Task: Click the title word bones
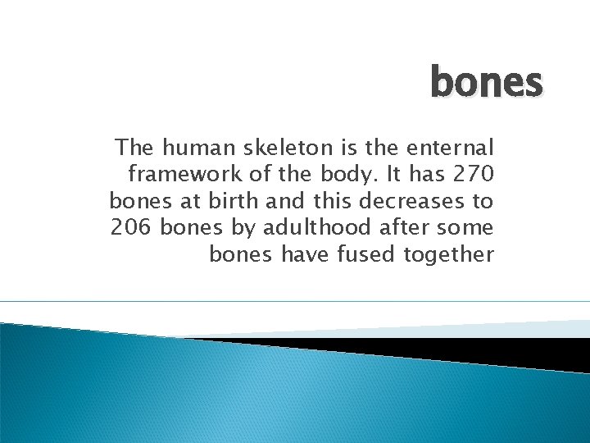[x=486, y=82]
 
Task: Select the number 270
[x=471, y=174]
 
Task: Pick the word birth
[x=224, y=201]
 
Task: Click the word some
[x=467, y=227]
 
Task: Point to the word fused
[x=366, y=254]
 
